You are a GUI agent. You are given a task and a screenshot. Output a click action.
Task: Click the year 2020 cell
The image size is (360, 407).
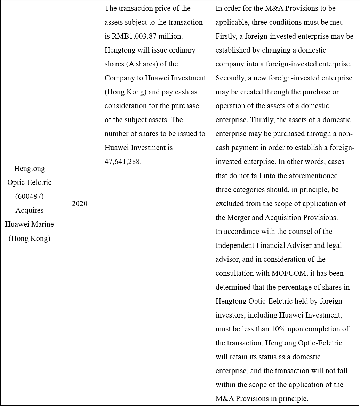tap(79, 204)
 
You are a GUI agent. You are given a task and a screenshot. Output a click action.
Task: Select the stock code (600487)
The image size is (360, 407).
tap(30, 196)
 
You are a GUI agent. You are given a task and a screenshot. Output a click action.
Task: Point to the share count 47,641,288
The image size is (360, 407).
tap(123, 162)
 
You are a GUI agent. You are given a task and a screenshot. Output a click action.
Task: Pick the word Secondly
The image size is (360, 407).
tap(230, 78)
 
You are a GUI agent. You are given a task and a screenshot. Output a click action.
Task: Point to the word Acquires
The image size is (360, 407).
tap(30, 210)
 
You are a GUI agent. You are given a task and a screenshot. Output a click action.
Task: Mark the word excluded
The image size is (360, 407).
tap(230, 204)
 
